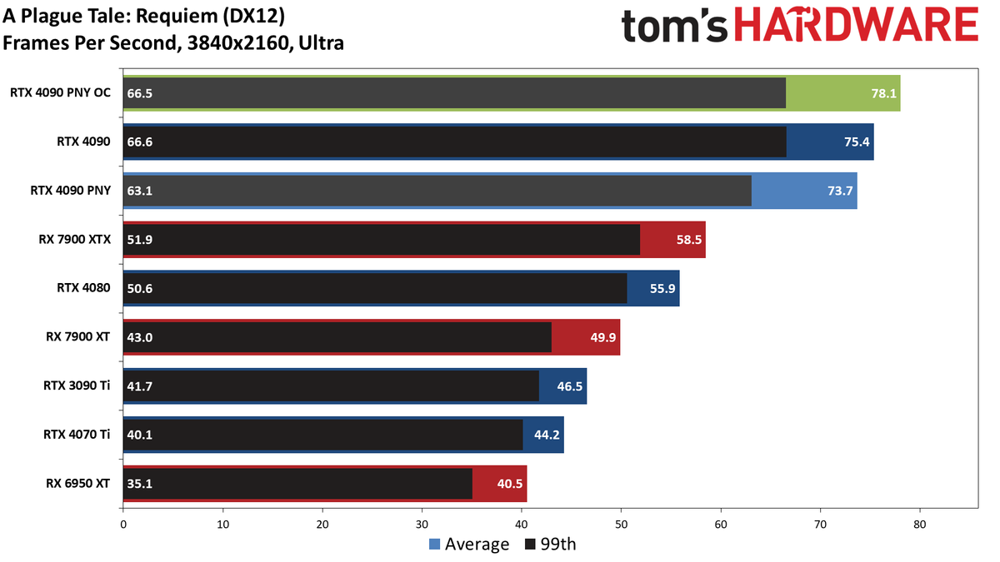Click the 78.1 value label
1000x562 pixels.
(x=883, y=93)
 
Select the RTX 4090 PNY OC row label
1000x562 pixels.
(x=60, y=92)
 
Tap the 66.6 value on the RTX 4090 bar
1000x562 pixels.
(x=140, y=142)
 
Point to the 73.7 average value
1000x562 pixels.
(x=840, y=191)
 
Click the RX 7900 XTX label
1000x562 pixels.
(x=74, y=240)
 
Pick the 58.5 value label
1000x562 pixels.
(x=689, y=240)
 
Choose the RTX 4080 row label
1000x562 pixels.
(x=83, y=288)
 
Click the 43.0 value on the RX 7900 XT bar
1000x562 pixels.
(x=140, y=337)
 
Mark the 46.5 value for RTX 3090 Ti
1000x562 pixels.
(x=570, y=385)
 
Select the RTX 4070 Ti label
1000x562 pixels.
(x=77, y=435)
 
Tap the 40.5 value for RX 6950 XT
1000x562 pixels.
(x=510, y=484)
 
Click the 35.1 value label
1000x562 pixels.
(x=140, y=484)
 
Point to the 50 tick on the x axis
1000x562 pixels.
(x=621, y=525)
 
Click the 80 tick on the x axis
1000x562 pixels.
(x=920, y=525)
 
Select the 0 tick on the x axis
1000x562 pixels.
(x=123, y=525)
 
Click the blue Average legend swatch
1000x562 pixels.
(x=434, y=545)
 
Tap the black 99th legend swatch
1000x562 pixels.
(x=530, y=545)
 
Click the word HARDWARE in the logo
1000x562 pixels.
(x=857, y=25)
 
